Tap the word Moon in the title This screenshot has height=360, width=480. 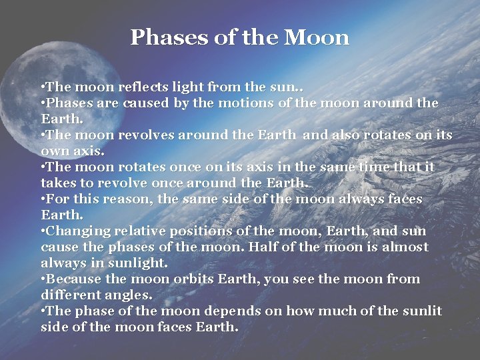(x=316, y=37)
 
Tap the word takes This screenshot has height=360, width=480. (x=61, y=183)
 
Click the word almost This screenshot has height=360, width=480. (x=405, y=247)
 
